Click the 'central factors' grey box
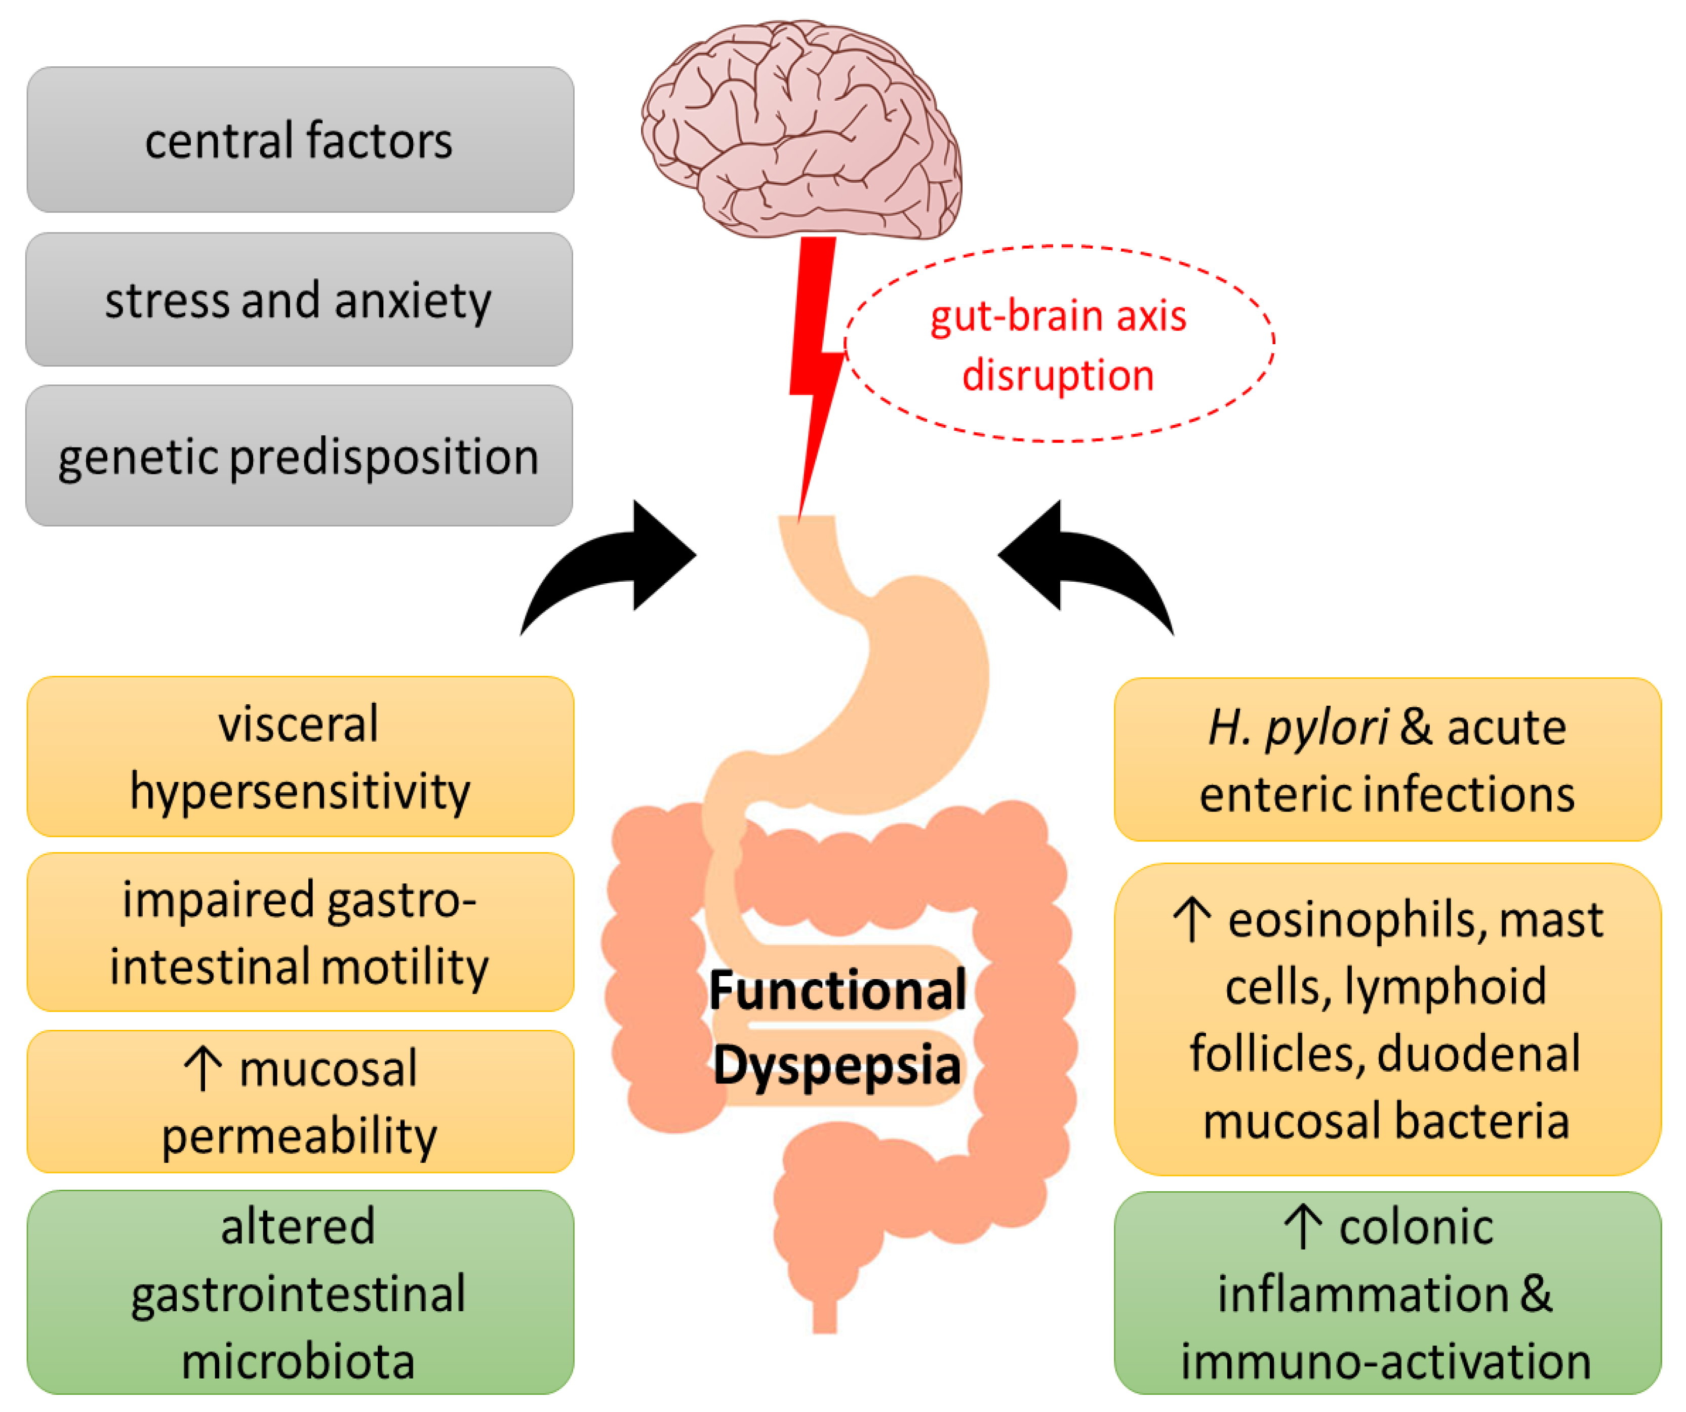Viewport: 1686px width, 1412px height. (299, 140)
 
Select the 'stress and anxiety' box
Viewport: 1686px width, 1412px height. (299, 299)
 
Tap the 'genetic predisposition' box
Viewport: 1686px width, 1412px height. (299, 456)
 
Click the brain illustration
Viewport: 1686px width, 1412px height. (803, 129)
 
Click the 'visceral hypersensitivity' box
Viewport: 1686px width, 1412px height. (299, 756)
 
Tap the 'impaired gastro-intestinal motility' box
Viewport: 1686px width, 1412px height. (299, 931)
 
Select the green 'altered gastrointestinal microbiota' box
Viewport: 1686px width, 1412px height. (299, 1293)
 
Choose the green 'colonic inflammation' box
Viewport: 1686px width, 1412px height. (1387, 1293)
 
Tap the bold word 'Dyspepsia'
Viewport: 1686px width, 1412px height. (837, 1065)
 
